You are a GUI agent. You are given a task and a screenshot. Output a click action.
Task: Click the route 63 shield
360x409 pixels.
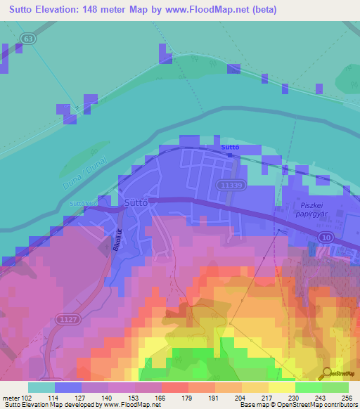[x=27, y=38]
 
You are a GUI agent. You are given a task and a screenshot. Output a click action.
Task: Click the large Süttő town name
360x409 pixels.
[x=135, y=202]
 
